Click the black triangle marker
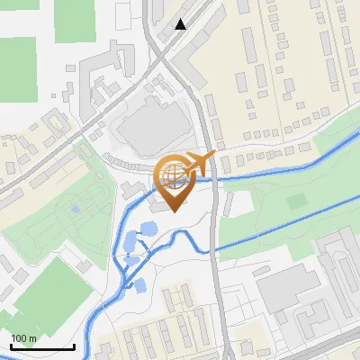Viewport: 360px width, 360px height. point(181,24)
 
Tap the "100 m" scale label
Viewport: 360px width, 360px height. point(23,338)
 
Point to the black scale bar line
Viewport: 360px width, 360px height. point(41,346)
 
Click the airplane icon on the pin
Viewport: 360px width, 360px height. point(199,164)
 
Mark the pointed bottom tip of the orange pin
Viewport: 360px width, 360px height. point(172,210)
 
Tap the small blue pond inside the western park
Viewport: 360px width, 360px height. point(74,210)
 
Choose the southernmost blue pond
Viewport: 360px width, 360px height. point(139,286)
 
